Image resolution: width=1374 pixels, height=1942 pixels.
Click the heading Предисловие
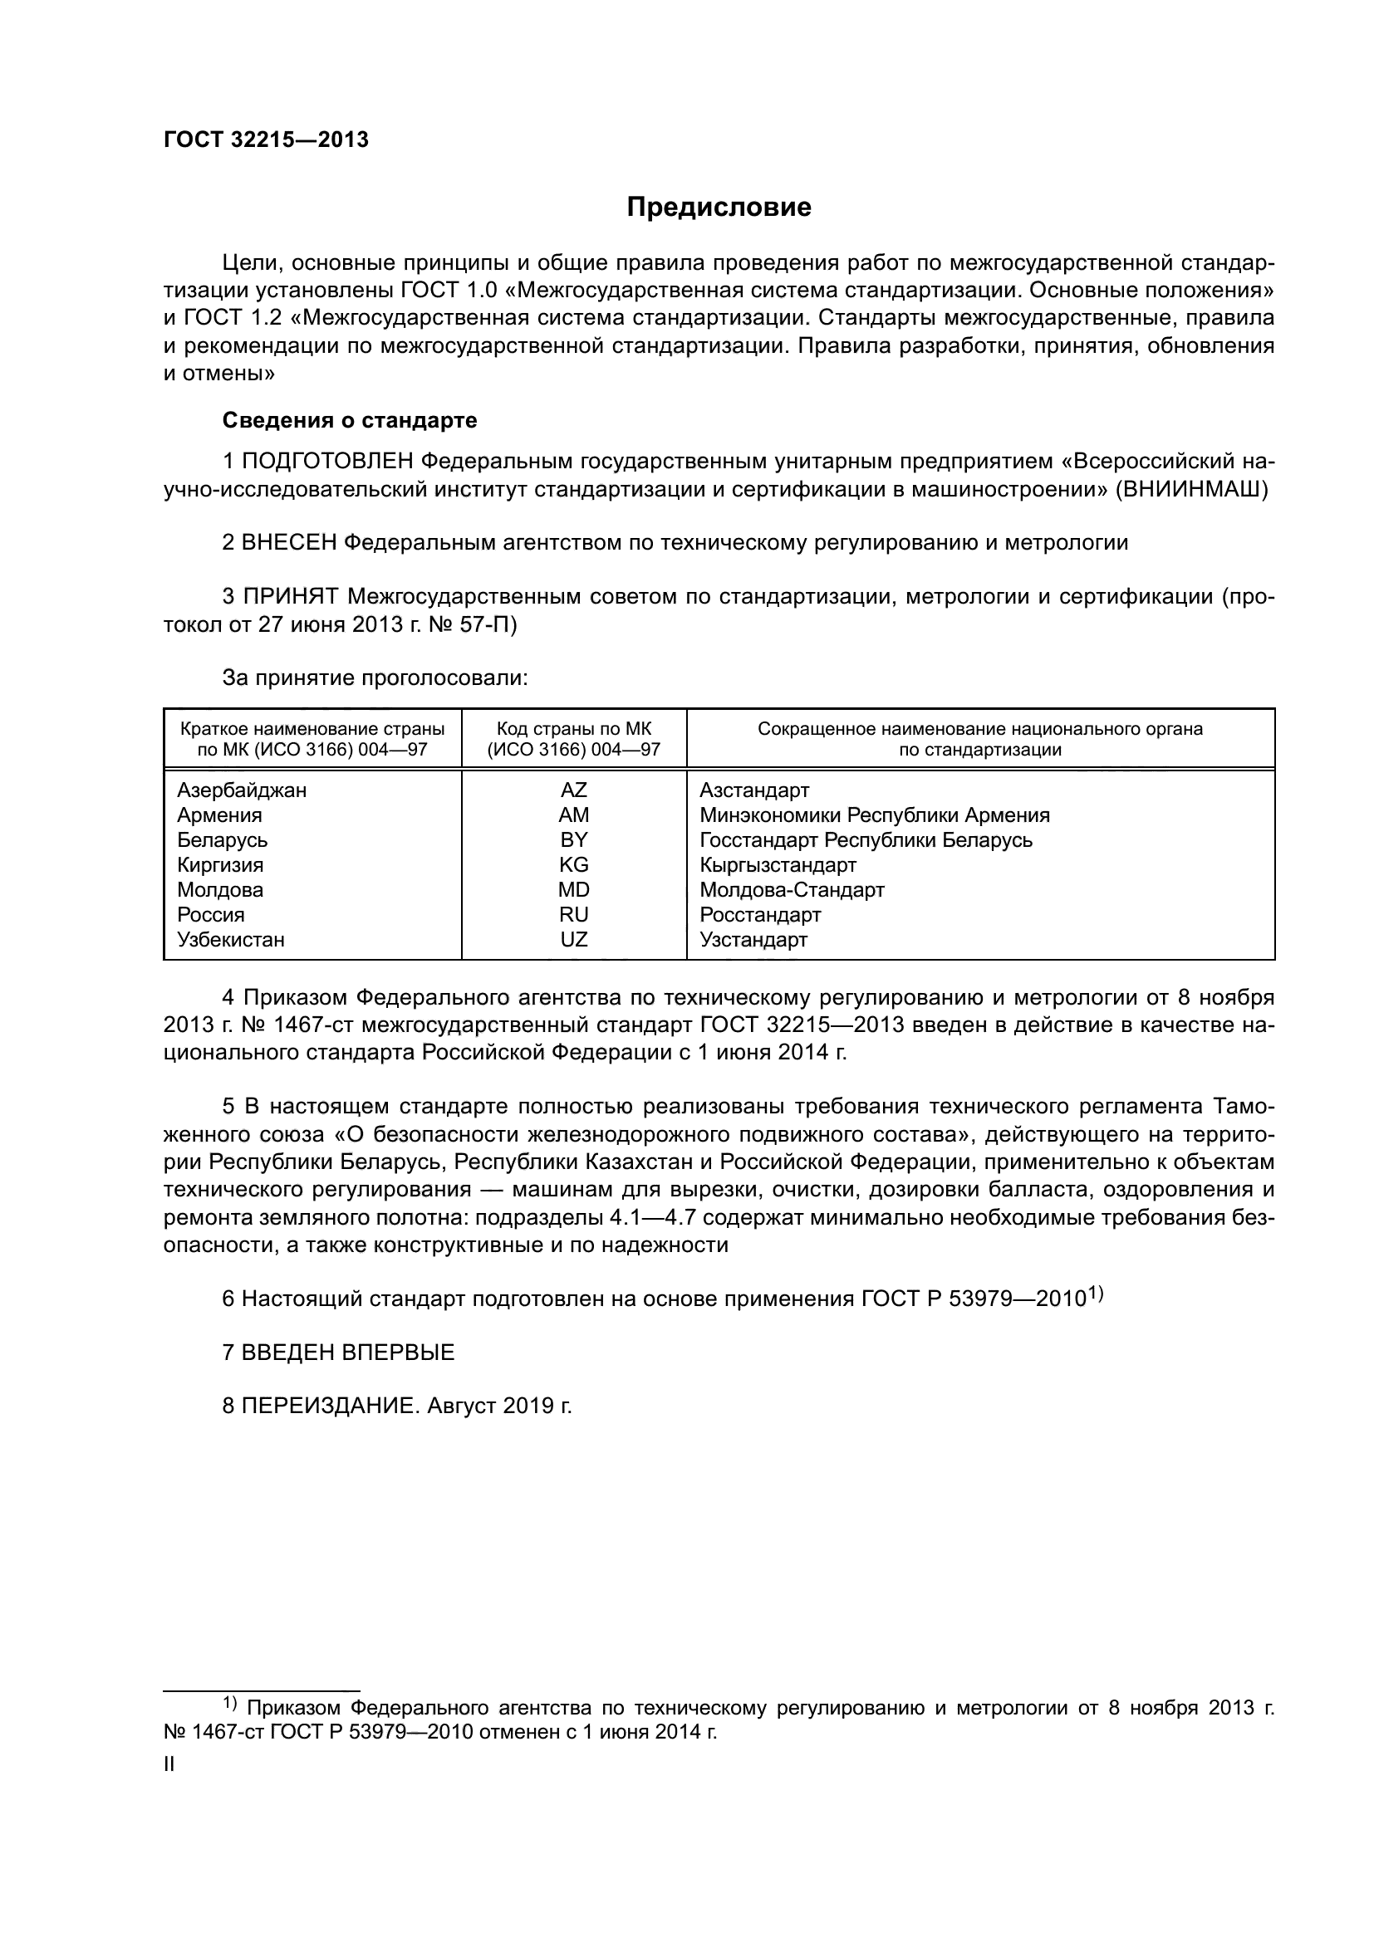point(719,208)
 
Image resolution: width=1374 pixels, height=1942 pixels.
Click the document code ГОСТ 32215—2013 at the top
point(266,140)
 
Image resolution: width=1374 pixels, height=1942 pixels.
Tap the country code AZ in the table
point(574,790)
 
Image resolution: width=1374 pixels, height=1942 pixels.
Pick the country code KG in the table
point(574,864)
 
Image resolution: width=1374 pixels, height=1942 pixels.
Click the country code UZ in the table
point(574,939)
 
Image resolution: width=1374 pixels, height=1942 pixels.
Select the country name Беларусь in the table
point(222,840)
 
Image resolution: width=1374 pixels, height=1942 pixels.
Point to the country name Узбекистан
point(230,939)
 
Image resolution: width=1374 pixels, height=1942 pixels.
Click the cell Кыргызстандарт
point(778,864)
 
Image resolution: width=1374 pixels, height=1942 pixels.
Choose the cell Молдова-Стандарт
point(792,890)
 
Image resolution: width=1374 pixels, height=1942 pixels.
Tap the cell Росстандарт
point(760,914)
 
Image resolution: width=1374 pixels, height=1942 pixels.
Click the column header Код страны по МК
point(574,729)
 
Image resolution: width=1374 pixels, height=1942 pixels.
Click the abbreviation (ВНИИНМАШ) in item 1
point(1191,490)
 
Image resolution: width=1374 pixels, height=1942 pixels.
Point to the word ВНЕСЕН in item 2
point(289,543)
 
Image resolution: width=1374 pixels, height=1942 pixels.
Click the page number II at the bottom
point(169,1764)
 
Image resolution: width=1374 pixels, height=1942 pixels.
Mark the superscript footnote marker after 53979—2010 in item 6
point(1096,1293)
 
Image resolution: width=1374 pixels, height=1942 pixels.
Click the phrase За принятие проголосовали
point(375,678)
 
